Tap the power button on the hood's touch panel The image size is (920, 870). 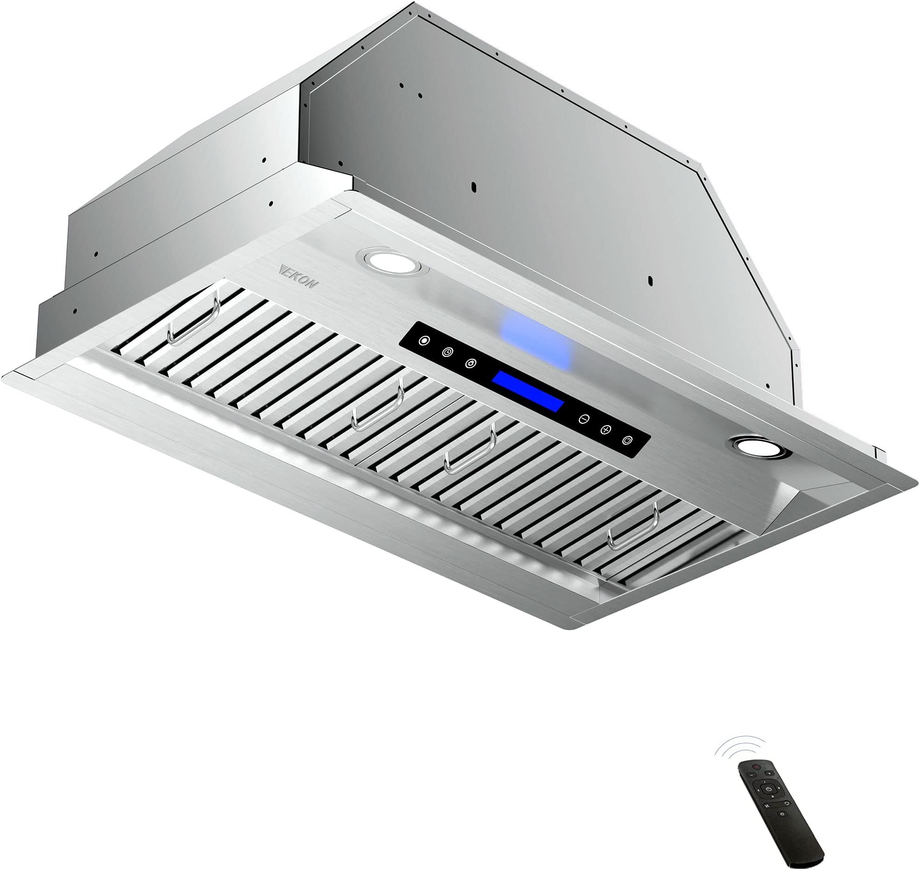[627, 440]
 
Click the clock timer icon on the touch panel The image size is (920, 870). [448, 352]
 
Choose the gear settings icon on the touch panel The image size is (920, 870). [471, 363]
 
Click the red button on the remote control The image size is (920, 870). [756, 767]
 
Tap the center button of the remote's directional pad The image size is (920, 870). [769, 789]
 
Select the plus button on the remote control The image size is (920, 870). [769, 773]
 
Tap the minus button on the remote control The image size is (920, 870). [752, 775]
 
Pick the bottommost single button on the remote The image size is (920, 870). [782, 814]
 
